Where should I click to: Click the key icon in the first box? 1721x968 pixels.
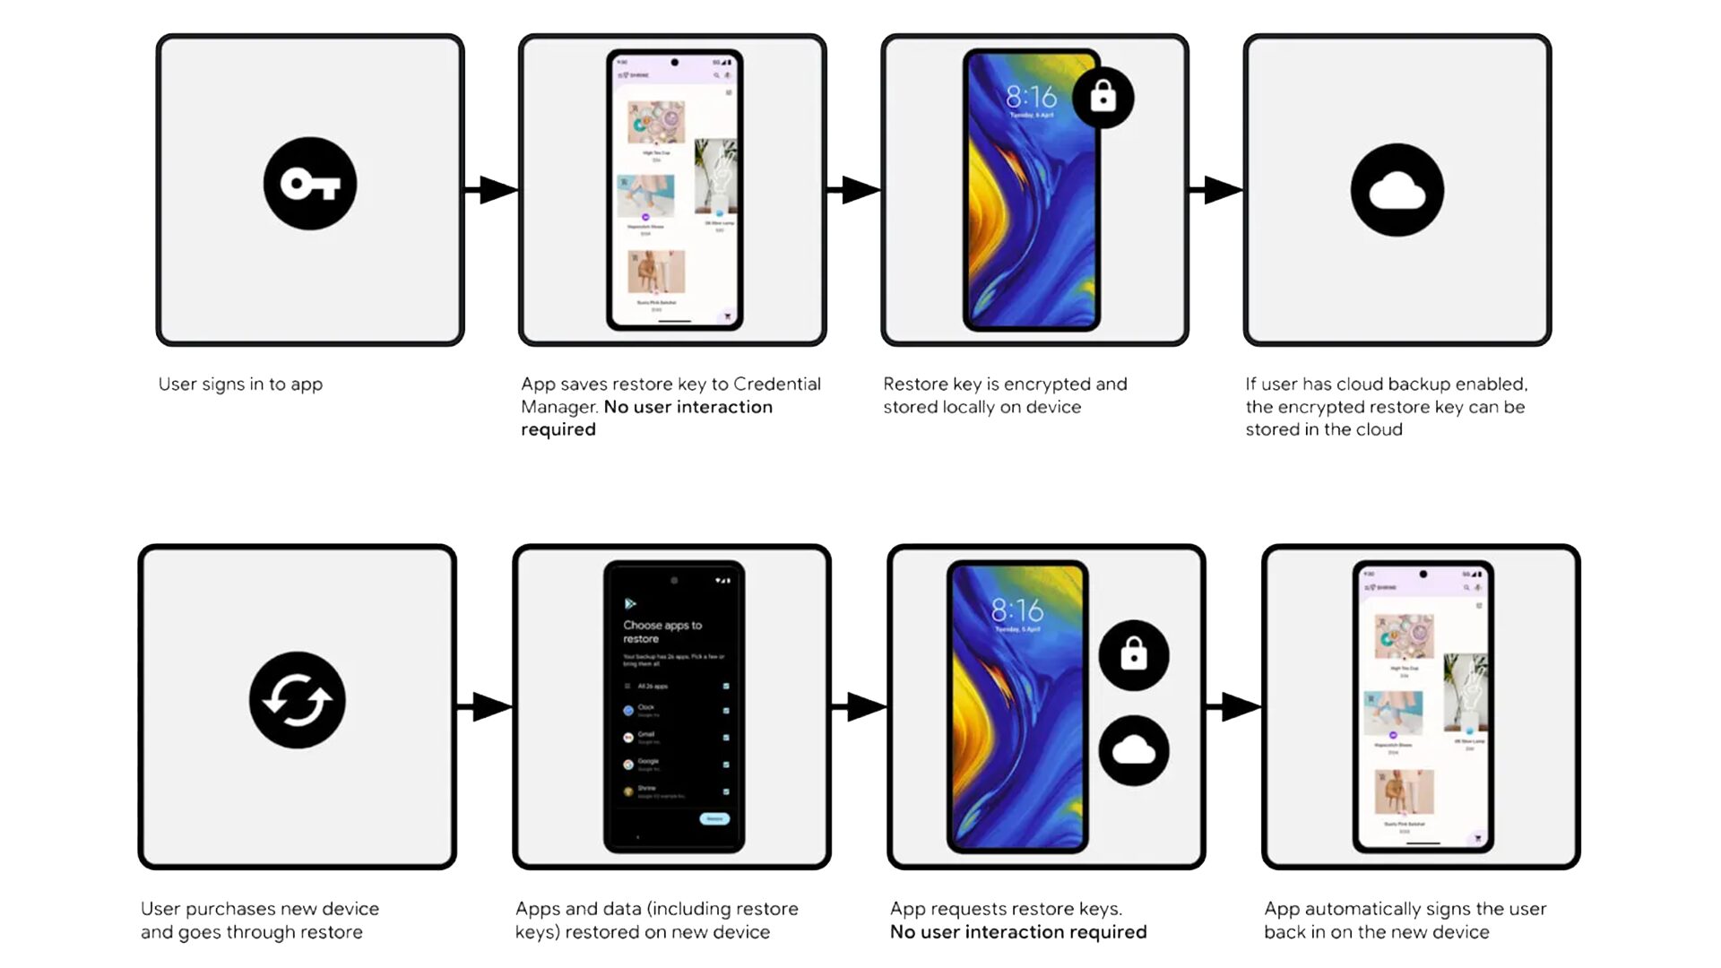click(310, 185)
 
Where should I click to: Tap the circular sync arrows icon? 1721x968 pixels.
click(298, 700)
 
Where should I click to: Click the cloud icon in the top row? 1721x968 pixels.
click(1397, 190)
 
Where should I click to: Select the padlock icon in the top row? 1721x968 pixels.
click(1103, 97)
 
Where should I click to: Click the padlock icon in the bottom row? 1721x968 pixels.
click(1134, 655)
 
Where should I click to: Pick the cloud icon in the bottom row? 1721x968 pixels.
click(1134, 751)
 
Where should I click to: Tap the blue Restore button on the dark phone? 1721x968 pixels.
click(714, 818)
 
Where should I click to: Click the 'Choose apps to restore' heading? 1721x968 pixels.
click(662, 632)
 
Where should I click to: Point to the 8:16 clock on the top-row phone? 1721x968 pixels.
click(1031, 97)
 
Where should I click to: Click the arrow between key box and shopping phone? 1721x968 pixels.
click(492, 190)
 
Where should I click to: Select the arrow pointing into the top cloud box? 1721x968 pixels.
click(1216, 190)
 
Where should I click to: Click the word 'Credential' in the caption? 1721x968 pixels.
click(776, 384)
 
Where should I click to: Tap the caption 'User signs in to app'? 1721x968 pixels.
click(240, 384)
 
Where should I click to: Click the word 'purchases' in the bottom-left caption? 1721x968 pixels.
click(259, 909)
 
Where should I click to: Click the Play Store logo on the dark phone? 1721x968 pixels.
click(630, 604)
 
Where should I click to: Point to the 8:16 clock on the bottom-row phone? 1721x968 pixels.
click(1016, 611)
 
